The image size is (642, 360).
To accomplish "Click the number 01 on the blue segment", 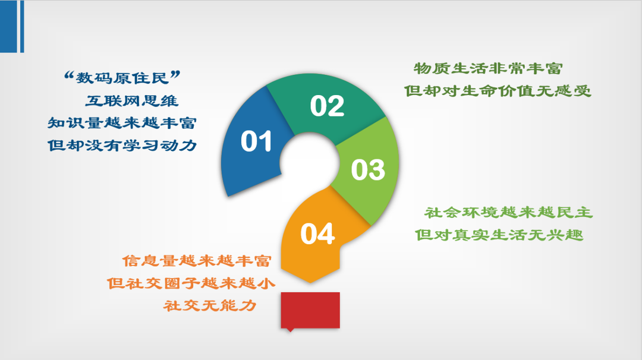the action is [256, 141].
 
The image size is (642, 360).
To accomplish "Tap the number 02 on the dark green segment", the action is [327, 106].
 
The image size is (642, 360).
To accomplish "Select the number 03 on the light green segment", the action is [368, 170].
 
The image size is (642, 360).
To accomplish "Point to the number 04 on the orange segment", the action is [317, 234].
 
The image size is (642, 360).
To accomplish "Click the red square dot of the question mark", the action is [310, 310].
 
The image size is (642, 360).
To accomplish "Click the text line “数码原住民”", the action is [122, 77].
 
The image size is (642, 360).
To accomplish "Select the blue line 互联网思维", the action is [132, 100].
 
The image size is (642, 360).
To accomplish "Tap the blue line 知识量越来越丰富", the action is [122, 123].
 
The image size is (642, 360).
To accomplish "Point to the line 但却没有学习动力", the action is [122, 145].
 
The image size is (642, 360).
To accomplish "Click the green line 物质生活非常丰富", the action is [488, 68].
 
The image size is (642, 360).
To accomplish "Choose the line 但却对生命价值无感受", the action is [498, 91].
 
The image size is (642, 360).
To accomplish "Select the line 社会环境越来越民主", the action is [508, 212].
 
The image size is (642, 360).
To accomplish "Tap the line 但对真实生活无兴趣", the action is [499, 235].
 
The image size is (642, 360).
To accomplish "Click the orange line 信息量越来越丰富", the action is [197, 261].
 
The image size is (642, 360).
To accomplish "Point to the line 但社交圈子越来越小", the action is [191, 283].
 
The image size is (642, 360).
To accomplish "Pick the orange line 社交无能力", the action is [210, 305].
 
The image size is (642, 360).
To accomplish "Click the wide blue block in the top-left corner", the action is [8, 26].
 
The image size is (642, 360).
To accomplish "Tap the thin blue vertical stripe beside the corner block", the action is [22, 26].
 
